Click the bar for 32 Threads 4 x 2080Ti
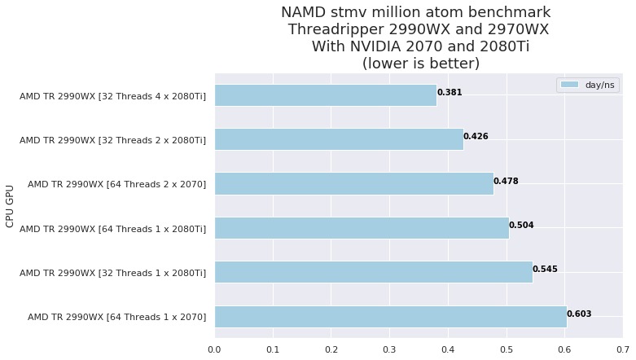click(x=326, y=95)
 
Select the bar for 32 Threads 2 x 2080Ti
click(x=339, y=139)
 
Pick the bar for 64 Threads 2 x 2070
click(x=354, y=183)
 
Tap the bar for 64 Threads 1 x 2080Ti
click(x=362, y=227)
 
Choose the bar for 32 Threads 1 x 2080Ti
click(x=374, y=271)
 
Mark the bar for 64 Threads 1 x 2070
click(x=391, y=316)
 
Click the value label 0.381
click(x=450, y=92)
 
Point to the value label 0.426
click(x=476, y=136)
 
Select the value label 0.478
click(x=506, y=181)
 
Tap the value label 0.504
click(x=521, y=225)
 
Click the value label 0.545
click(x=545, y=269)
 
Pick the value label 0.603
click(x=579, y=314)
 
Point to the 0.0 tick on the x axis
click(x=214, y=350)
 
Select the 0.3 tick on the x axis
click(x=389, y=350)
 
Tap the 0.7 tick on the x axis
click(x=622, y=350)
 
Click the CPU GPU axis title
click(x=11, y=205)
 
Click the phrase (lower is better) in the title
click(x=420, y=63)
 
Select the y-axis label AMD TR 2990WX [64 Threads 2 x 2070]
click(x=116, y=184)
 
